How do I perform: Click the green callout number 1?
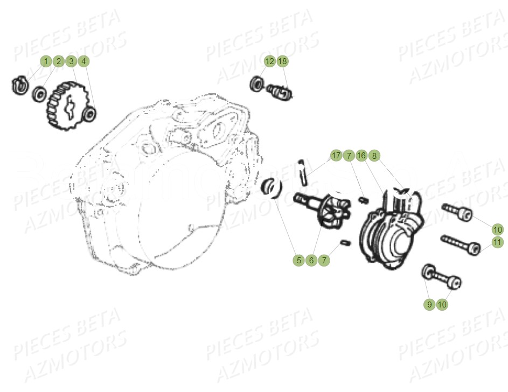point(46,61)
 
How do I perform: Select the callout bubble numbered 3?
point(71,61)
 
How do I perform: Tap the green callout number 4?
point(83,61)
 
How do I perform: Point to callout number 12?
point(269,61)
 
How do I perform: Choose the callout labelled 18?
point(282,61)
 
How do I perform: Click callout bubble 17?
point(336,156)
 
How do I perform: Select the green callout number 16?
point(361,156)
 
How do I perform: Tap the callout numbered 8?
point(374,156)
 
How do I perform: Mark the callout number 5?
point(298,261)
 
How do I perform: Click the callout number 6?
point(311,261)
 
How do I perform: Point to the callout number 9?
point(429,304)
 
